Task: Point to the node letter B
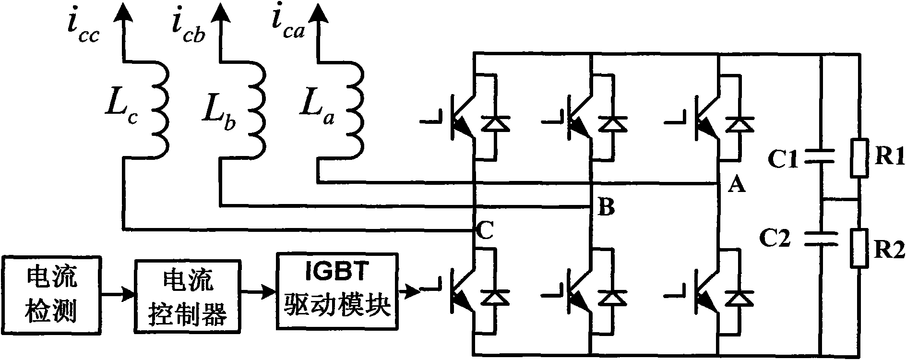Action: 607,208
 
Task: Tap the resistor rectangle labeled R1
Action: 859,159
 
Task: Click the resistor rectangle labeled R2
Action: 859,248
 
